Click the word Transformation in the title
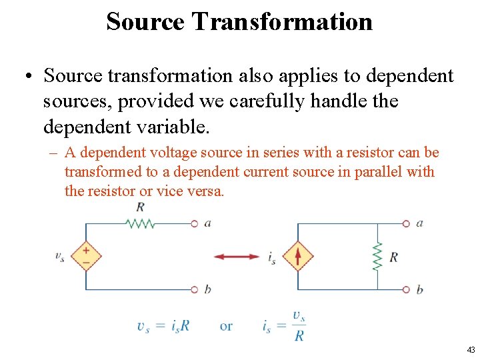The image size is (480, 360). [x=282, y=21]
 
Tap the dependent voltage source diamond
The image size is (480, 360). [x=87, y=257]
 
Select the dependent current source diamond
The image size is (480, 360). [x=297, y=257]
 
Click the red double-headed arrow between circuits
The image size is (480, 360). [x=237, y=257]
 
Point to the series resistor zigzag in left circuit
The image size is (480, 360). [x=141, y=223]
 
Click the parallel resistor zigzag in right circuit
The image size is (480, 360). [x=377, y=257]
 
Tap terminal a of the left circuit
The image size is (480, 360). [x=194, y=223]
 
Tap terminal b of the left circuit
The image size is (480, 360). [x=194, y=289]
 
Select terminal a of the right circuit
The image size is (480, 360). [x=406, y=223]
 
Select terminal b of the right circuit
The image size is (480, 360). [x=406, y=289]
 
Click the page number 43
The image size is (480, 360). [x=471, y=349]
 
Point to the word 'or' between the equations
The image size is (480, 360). [x=226, y=326]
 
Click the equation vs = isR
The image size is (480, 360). [x=163, y=326]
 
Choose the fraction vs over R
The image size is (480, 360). [x=299, y=326]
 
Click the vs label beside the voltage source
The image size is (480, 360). [x=60, y=256]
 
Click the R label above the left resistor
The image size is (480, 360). [x=140, y=207]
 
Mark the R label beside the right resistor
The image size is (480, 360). [x=393, y=257]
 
